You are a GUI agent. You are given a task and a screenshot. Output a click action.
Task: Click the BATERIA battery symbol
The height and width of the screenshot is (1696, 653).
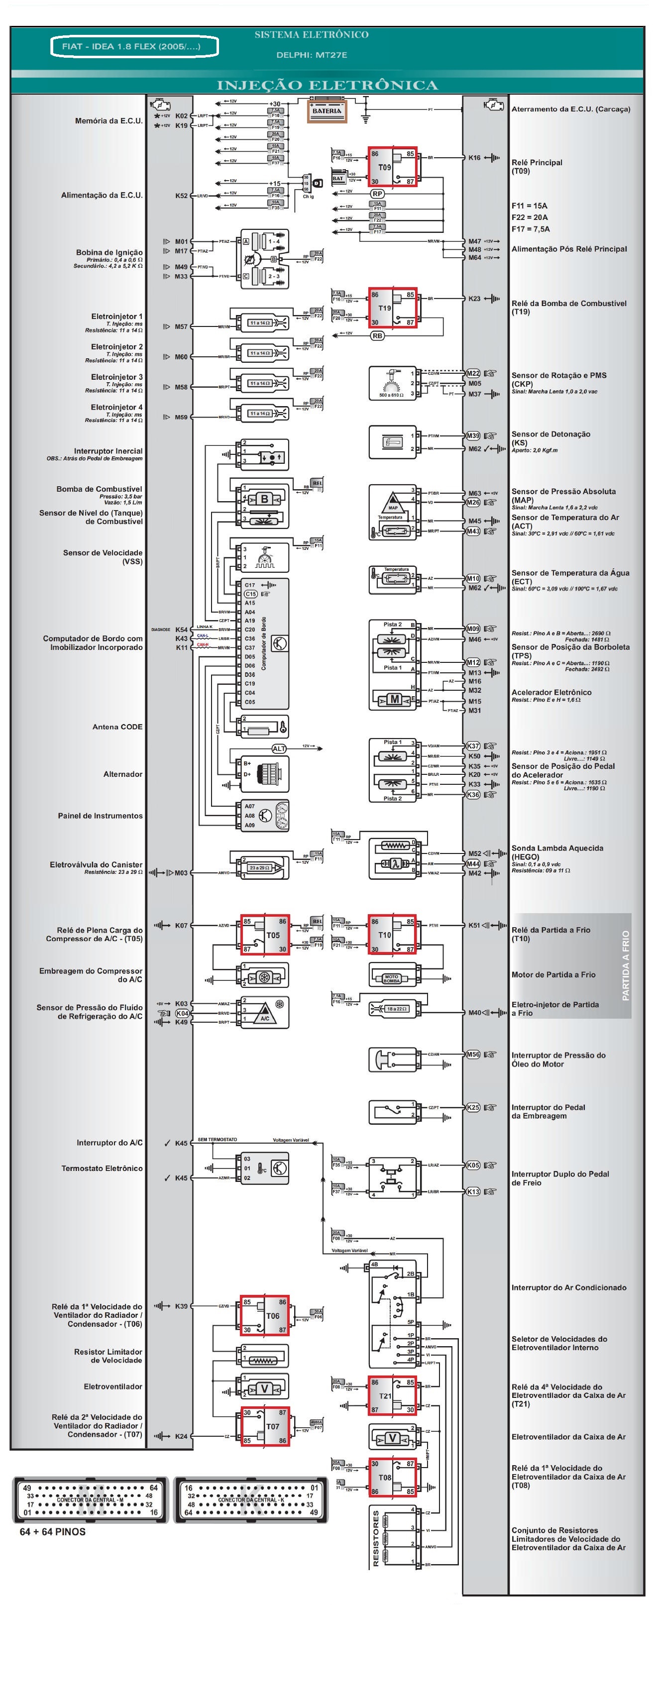[x=327, y=110]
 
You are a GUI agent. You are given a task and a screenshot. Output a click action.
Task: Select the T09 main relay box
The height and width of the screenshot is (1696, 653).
[x=392, y=167]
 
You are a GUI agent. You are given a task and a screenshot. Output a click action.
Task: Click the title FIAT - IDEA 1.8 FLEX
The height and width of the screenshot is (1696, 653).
[x=134, y=47]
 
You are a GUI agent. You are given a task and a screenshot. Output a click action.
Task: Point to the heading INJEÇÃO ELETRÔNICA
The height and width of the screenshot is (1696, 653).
[x=327, y=85]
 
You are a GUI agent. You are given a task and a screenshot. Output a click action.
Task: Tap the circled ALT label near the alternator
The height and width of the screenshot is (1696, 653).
[x=279, y=748]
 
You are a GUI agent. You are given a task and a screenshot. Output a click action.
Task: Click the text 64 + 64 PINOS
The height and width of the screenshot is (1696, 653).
[x=53, y=1532]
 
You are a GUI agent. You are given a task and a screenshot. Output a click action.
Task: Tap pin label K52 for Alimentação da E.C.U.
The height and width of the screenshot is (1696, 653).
[x=181, y=196]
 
